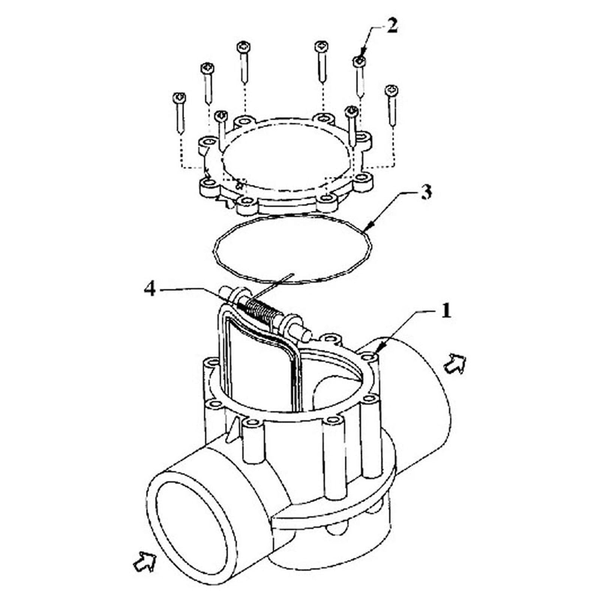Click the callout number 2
click(391, 27)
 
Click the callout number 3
click(425, 192)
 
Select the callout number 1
click(445, 311)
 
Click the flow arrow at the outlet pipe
click(454, 363)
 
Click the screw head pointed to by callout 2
click(359, 61)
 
